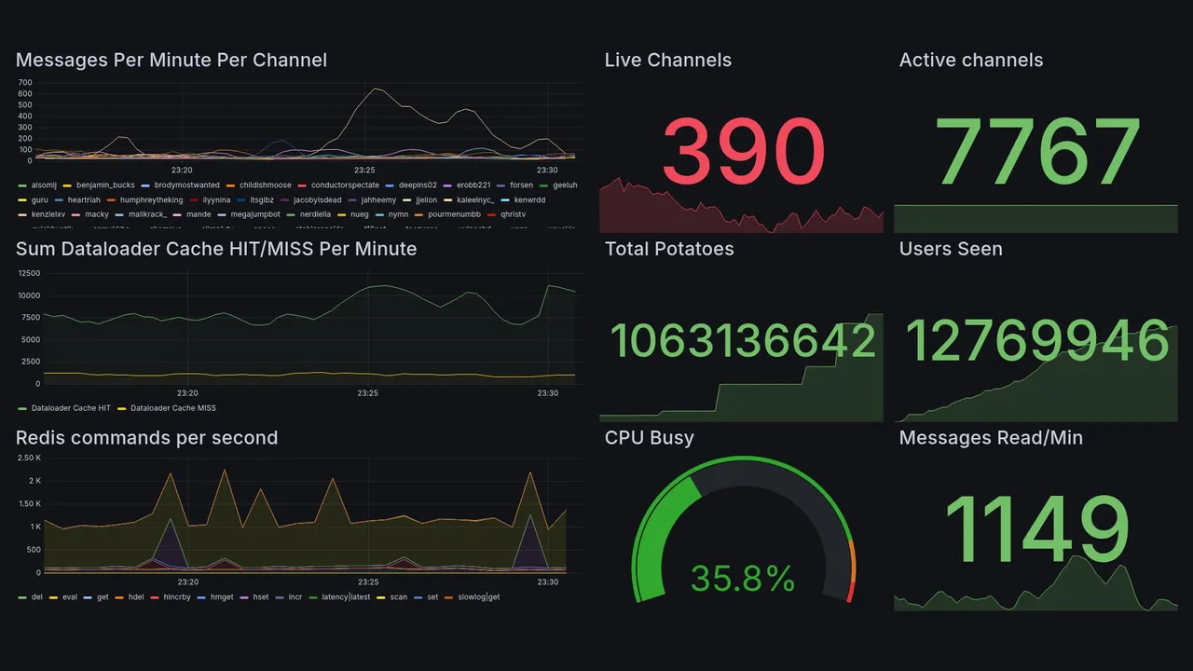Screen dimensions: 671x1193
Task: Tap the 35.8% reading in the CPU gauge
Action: point(743,578)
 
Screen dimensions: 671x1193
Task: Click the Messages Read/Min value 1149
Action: point(1036,527)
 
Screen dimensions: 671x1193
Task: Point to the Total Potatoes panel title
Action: point(669,249)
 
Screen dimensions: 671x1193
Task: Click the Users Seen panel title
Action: point(951,249)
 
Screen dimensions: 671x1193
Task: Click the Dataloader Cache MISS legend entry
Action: point(172,408)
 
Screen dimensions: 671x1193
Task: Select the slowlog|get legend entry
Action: point(477,596)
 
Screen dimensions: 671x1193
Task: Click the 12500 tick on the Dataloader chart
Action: point(28,273)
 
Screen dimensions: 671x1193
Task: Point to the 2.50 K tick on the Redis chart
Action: point(29,458)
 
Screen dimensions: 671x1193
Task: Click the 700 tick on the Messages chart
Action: point(25,82)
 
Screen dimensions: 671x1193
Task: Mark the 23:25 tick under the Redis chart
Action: point(367,582)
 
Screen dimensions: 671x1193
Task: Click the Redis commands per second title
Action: point(146,438)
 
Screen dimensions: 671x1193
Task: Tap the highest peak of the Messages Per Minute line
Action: point(375,89)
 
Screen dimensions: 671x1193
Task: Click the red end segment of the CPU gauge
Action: point(850,591)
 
